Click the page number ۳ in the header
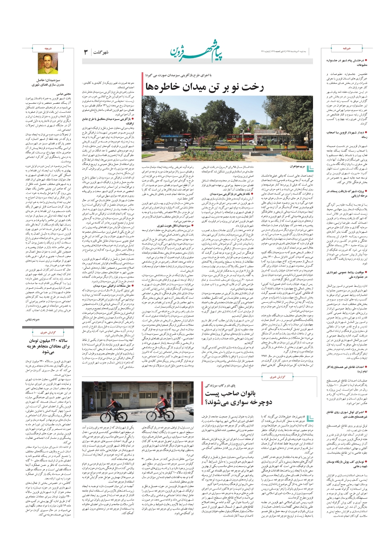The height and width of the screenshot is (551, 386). (86, 52)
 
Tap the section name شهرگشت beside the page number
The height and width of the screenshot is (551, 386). (101, 52)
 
